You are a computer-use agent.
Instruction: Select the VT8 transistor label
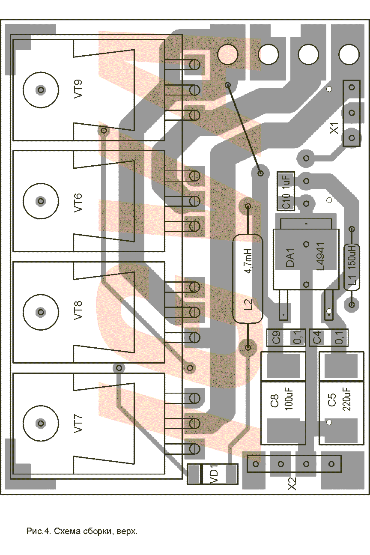click(x=78, y=311)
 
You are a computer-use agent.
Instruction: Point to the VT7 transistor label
click(x=78, y=423)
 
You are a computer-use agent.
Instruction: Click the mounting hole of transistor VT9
click(x=41, y=90)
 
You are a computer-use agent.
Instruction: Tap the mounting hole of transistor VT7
click(x=41, y=423)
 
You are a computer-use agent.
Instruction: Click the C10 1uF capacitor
click(x=286, y=191)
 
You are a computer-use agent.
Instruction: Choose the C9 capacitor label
click(x=276, y=337)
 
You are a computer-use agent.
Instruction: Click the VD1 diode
click(x=213, y=474)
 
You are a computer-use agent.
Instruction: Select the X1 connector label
click(x=334, y=128)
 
